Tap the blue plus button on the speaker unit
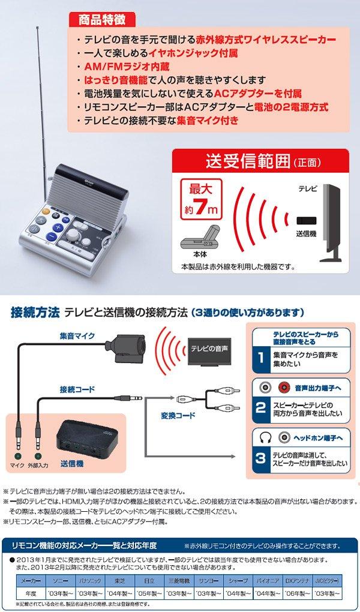coord(58,228)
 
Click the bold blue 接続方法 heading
coord(35,312)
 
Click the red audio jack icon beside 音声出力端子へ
coord(283,388)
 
